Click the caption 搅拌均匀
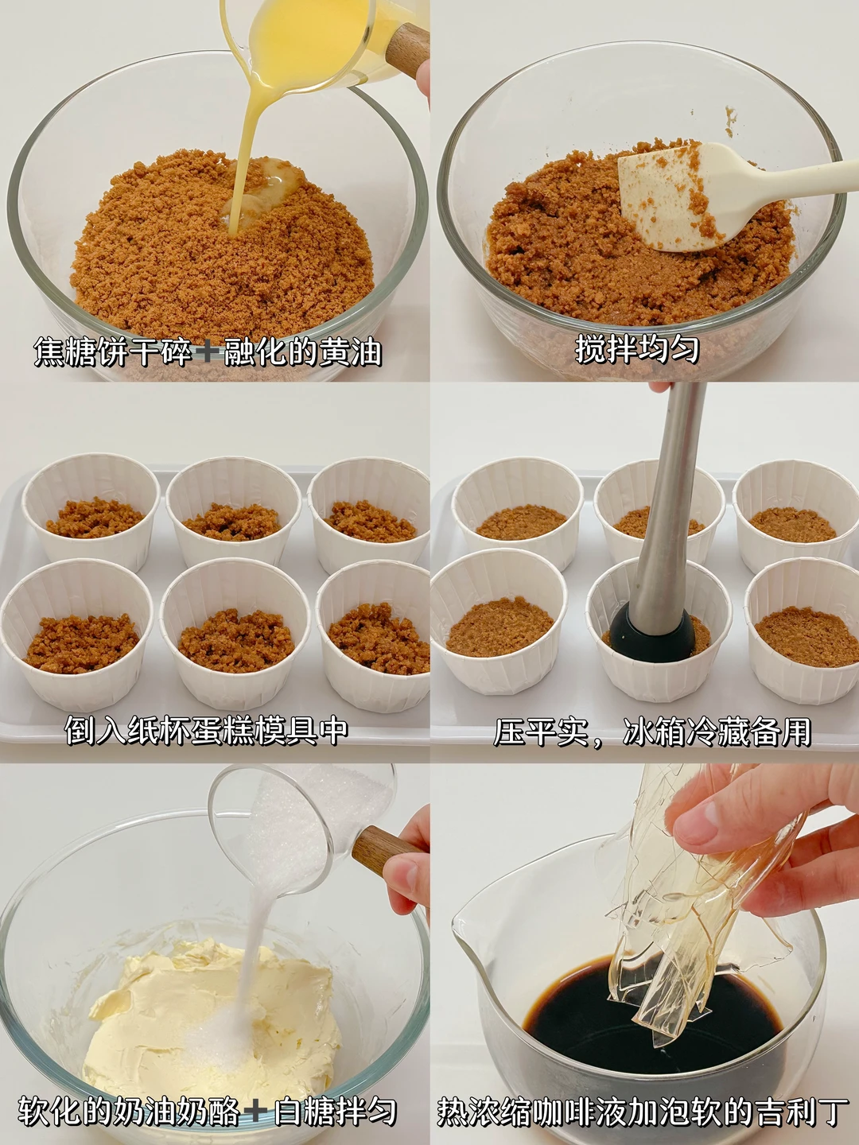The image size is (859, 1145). [x=637, y=349]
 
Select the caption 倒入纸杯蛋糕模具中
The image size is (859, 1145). [x=207, y=730]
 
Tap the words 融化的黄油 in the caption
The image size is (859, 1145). [x=303, y=352]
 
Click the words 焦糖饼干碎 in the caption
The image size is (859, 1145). [x=113, y=352]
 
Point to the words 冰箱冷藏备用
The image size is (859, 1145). [x=717, y=732]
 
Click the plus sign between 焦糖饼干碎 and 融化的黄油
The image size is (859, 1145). [x=208, y=352]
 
